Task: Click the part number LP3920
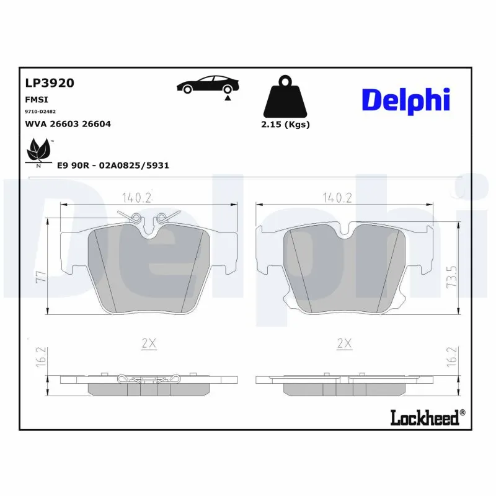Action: point(50,83)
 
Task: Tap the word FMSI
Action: point(37,99)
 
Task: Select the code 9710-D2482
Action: point(40,112)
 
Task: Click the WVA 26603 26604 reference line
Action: point(68,124)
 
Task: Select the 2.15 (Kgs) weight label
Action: point(286,124)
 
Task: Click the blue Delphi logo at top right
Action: point(405,99)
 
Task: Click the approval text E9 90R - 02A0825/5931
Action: point(113,166)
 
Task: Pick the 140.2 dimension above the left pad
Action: point(136,198)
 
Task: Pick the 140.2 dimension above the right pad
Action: point(337,198)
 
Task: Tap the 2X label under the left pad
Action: point(148,343)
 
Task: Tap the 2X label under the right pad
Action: point(344,343)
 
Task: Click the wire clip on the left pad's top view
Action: point(148,218)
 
